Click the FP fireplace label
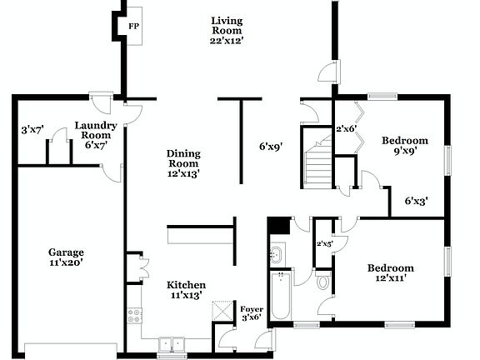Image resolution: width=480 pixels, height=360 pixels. point(133,26)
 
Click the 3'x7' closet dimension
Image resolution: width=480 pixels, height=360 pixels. point(32,130)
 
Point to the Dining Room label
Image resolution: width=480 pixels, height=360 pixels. point(182,163)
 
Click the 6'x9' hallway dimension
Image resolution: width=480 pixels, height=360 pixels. point(271,147)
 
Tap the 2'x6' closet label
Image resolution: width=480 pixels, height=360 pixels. point(346,129)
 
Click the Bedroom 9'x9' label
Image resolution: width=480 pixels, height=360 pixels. point(405,146)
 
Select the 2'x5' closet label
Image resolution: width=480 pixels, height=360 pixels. point(324,243)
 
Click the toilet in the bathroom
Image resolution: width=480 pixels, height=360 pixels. point(323,282)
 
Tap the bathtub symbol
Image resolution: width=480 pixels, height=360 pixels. point(280,296)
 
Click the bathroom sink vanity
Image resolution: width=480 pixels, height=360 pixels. point(277,252)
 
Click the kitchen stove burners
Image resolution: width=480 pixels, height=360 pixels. point(133,317)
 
